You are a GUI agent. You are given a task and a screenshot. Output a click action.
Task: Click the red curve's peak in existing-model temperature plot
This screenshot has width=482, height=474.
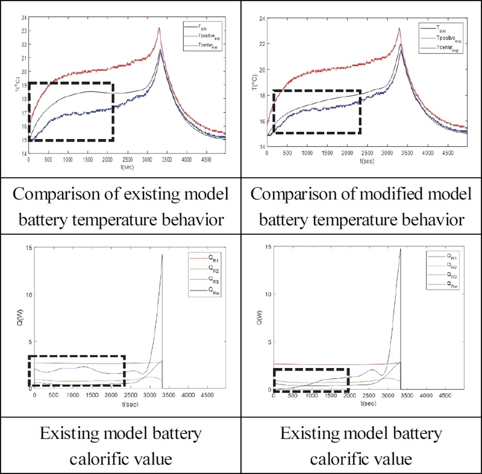coord(159,28)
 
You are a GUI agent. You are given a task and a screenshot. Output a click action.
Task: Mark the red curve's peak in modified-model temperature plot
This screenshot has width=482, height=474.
coord(399,28)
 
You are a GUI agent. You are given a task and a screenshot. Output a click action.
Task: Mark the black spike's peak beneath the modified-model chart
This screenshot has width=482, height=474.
coord(401,249)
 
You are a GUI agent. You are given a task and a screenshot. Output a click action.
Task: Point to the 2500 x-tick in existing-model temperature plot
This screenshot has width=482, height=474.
coord(127,161)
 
